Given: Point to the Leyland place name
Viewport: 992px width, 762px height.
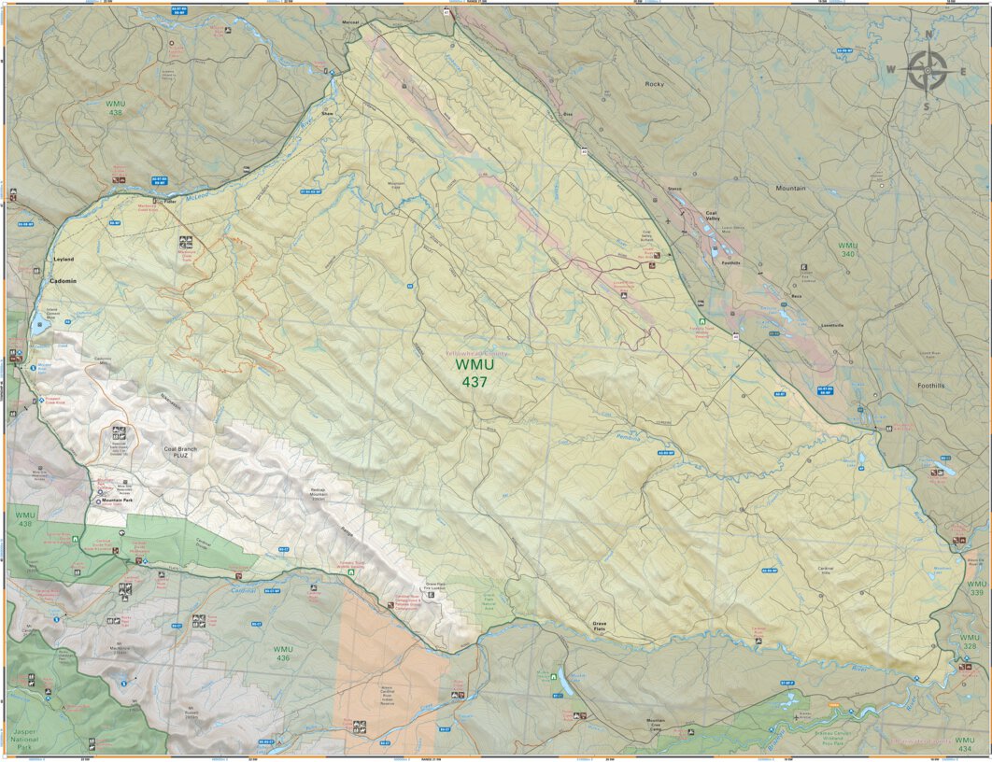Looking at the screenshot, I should click(64, 259).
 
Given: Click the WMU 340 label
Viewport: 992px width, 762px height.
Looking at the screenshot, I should click(847, 249).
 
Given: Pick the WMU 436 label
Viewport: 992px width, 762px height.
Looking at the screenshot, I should click(283, 653).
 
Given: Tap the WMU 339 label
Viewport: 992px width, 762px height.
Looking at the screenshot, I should click(976, 588).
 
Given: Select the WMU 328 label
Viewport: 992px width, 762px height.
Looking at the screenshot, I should click(970, 642).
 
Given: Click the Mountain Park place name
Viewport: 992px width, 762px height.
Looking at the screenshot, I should click(119, 501).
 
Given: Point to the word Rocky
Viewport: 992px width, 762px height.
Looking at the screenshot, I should click(654, 84).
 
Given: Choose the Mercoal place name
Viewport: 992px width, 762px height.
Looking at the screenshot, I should click(351, 21).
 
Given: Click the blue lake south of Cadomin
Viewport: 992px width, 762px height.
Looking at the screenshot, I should click(40, 327).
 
